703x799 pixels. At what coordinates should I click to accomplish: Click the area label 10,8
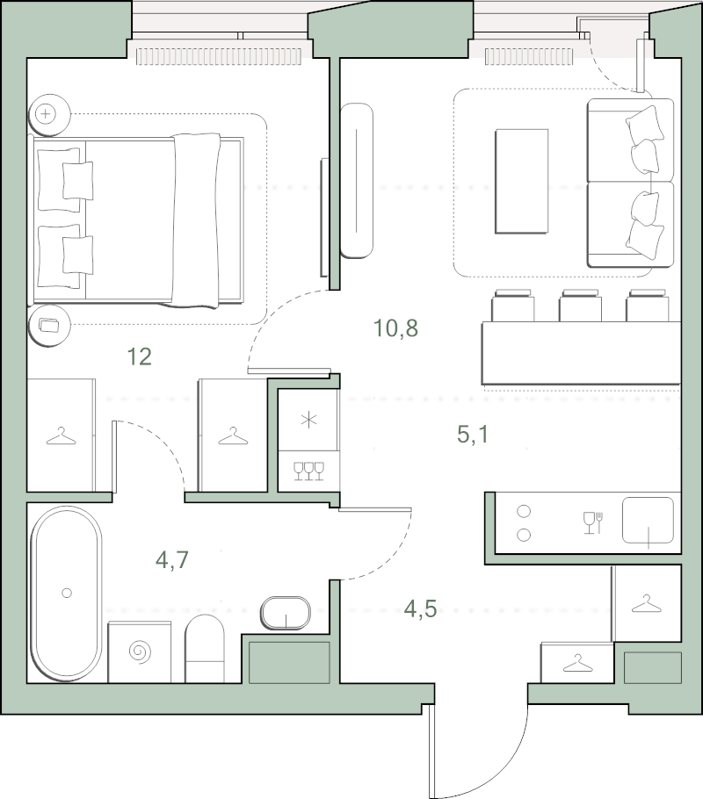(x=396, y=328)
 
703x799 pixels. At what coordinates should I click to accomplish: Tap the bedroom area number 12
(x=139, y=356)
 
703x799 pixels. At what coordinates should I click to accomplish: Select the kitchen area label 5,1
(x=473, y=435)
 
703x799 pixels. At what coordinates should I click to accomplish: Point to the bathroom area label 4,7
(x=172, y=559)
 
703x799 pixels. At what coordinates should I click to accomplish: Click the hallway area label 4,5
(x=420, y=608)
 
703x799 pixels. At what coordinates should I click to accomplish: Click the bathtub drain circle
(x=66, y=593)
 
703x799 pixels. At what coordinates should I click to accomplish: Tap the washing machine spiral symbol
(x=140, y=651)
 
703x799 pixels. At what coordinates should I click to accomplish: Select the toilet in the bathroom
(x=205, y=649)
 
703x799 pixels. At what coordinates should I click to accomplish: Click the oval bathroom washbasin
(x=286, y=613)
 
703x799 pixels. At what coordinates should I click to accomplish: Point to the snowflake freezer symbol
(x=308, y=421)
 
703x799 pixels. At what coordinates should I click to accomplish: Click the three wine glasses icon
(x=309, y=471)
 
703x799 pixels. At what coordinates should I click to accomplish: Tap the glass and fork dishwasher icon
(x=593, y=522)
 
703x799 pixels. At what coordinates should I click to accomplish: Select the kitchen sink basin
(x=648, y=520)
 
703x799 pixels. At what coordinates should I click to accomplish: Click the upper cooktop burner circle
(x=524, y=511)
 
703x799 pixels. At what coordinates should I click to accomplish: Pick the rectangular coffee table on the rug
(x=521, y=182)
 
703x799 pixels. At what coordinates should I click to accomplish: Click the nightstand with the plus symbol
(x=49, y=114)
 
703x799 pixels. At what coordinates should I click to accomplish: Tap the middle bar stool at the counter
(x=580, y=306)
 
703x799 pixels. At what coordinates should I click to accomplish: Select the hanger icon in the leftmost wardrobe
(x=62, y=435)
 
